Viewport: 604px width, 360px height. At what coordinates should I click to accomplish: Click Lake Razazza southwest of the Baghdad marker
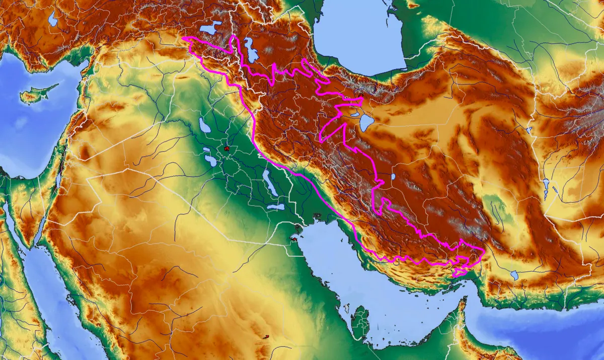point(210,161)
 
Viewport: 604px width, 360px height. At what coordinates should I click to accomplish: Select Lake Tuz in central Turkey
point(53,19)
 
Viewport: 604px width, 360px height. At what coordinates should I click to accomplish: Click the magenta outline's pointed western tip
point(183,38)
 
